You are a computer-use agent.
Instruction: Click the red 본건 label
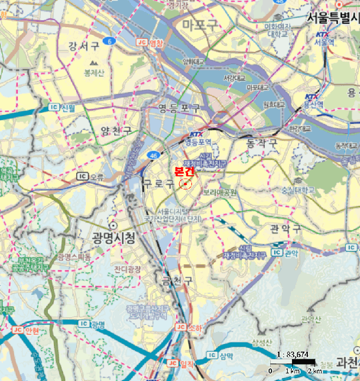pos(184,171)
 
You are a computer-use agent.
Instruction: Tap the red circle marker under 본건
pos(185,185)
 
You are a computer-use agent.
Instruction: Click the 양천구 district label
pos(116,131)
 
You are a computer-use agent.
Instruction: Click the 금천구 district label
pos(177,280)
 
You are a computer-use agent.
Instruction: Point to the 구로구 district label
pos(158,183)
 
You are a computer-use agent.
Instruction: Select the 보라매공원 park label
pos(220,193)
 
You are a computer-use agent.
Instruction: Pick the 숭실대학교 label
pos(297,190)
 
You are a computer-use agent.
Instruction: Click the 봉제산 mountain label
pos(94,72)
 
